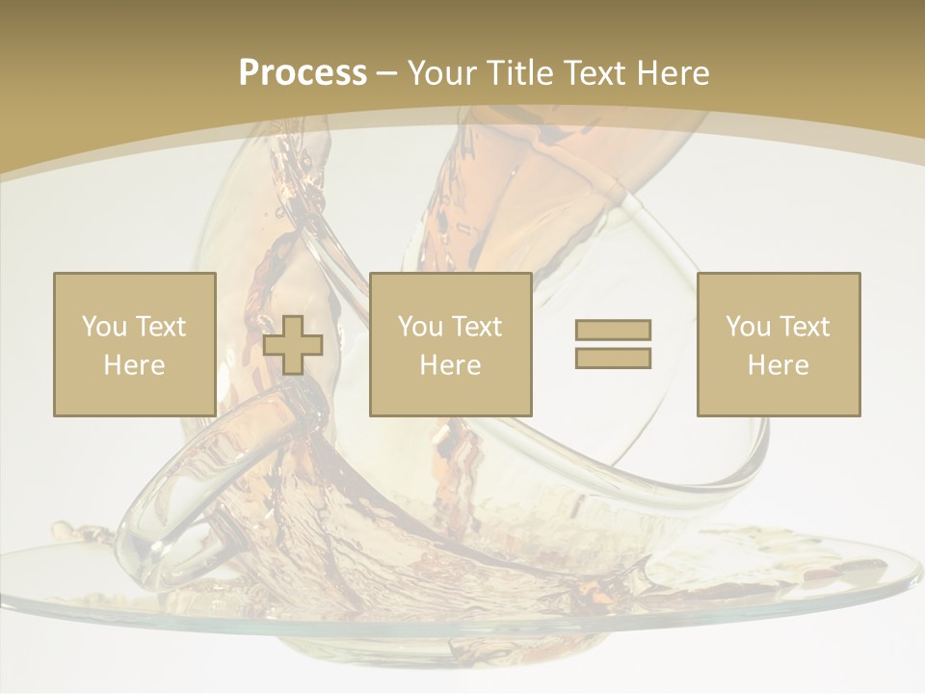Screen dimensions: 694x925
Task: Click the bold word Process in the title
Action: click(x=303, y=73)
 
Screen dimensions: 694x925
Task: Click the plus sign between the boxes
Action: click(x=293, y=345)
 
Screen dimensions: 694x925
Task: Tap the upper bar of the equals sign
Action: click(x=613, y=330)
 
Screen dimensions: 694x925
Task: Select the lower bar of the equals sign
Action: click(x=613, y=358)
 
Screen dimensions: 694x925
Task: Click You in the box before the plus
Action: click(x=104, y=327)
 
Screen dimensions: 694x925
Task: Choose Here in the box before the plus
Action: click(x=134, y=365)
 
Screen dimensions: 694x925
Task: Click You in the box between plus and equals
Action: click(x=420, y=327)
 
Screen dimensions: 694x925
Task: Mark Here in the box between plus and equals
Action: click(x=450, y=365)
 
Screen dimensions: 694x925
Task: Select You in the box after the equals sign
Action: click(x=748, y=327)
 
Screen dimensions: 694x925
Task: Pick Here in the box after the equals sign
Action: click(x=778, y=365)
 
